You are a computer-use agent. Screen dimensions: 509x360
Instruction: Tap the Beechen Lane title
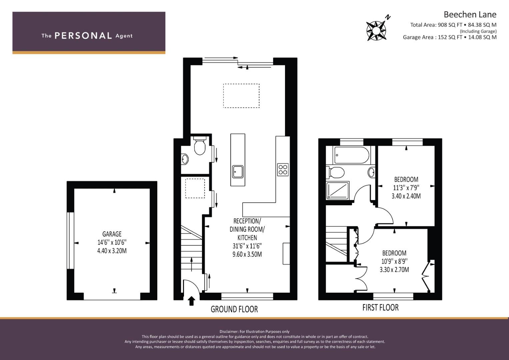[470, 15]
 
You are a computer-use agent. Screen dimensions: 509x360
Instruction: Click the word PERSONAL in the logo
[83, 36]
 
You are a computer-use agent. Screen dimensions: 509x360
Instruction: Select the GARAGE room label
[112, 234]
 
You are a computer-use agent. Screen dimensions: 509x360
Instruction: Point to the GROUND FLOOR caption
[234, 309]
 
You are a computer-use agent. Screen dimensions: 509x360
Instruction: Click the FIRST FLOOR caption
[380, 307]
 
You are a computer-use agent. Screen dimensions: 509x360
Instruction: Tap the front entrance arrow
[192, 301]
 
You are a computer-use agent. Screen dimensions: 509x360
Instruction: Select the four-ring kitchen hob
[283, 170]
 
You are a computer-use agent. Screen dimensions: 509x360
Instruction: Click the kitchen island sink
[238, 172]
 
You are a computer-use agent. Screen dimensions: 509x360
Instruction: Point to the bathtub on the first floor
[351, 155]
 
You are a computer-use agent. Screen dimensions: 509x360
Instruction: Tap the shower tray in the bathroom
[337, 190]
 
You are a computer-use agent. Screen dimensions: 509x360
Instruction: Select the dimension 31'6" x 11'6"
[247, 246]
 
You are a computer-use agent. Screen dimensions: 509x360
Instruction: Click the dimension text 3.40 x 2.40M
[406, 196]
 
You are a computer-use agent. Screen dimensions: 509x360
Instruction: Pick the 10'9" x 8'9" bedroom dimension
[394, 261]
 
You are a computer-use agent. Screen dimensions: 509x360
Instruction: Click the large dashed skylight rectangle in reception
[241, 96]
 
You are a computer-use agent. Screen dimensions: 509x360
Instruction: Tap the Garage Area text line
[450, 37]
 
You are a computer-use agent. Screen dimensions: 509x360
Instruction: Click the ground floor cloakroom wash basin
[185, 159]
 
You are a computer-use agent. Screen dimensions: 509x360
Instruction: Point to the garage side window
[70, 241]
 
